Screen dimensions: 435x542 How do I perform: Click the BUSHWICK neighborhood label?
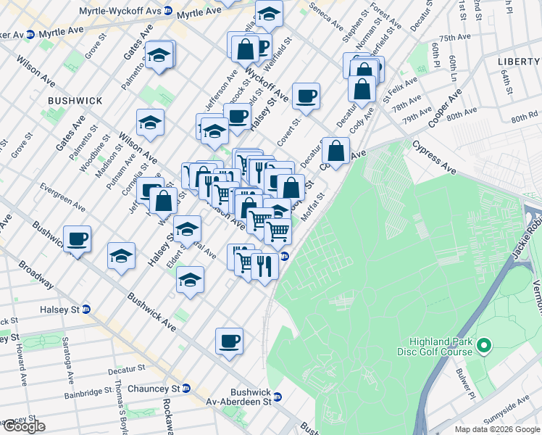click(x=75, y=100)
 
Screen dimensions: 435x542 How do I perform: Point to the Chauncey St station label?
click(x=153, y=389)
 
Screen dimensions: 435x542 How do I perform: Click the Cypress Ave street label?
click(x=435, y=157)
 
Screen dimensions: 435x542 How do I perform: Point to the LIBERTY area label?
click(x=520, y=62)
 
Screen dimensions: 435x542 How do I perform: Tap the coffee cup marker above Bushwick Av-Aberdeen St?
click(x=229, y=340)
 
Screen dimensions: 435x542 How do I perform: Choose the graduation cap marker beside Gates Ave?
click(x=159, y=55)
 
